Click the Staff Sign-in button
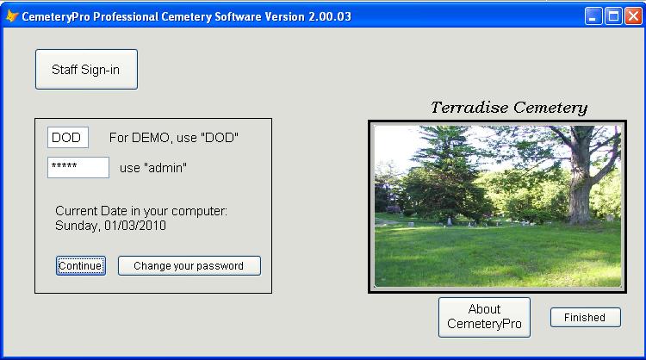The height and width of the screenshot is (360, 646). (86, 69)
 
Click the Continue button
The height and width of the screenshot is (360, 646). (81, 265)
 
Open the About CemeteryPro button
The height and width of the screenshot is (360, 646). (484, 317)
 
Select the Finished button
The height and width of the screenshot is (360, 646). (585, 317)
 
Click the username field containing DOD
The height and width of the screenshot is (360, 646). (68, 137)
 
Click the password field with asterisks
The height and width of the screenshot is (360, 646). (78, 167)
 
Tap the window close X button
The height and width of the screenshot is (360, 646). (633, 16)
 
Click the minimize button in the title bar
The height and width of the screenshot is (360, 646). (593, 16)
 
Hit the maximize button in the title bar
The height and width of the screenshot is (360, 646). (613, 16)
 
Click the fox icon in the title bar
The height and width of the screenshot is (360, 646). (11, 16)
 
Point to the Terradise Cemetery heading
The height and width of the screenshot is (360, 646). (509, 108)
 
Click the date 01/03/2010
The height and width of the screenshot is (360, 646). (135, 226)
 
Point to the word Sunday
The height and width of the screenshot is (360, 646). (77, 227)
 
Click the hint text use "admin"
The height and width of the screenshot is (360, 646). (153, 168)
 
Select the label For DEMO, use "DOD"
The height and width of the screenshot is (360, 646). (174, 138)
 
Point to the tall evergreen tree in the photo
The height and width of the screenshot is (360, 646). (443, 173)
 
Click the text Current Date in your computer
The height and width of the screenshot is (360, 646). (141, 211)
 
